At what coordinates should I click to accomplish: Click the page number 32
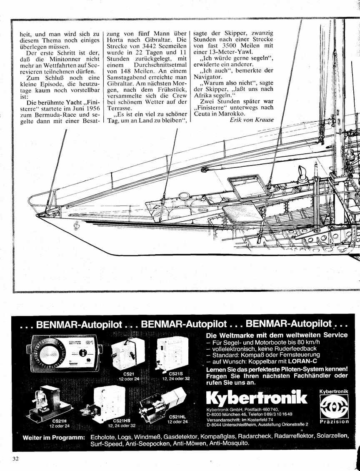[16, 458]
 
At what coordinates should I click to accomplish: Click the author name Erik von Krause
[252, 120]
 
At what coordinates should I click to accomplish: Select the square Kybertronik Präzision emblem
[334, 406]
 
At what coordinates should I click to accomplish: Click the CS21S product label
[176, 374]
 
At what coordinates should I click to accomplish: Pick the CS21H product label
[59, 421]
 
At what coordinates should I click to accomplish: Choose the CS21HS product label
[120, 421]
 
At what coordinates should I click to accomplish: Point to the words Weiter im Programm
[54, 438]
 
